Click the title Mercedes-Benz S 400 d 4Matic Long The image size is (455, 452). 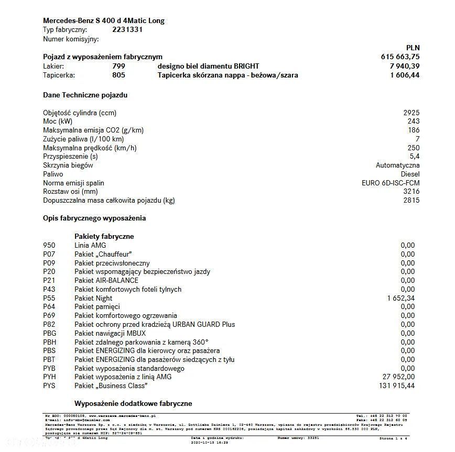[103, 21]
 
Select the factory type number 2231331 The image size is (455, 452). [127, 30]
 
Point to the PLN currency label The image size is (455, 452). [413, 48]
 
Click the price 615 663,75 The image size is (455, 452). [400, 57]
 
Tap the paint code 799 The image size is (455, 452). [118, 66]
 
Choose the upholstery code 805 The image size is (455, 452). [118, 75]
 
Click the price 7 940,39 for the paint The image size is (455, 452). [404, 66]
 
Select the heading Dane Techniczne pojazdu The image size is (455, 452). [85, 95]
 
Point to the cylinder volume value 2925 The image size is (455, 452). [411, 113]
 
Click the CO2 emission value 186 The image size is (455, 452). [414, 130]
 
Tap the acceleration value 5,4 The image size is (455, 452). [414, 157]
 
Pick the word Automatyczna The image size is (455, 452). [397, 166]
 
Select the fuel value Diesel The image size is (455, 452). [410, 174]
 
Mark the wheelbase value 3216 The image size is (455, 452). [411, 192]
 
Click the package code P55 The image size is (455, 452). [49, 298]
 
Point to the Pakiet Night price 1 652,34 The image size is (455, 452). [400, 298]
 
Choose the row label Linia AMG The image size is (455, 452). [90, 245]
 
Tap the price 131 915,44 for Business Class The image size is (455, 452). [396, 386]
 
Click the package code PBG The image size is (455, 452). [49, 333]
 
